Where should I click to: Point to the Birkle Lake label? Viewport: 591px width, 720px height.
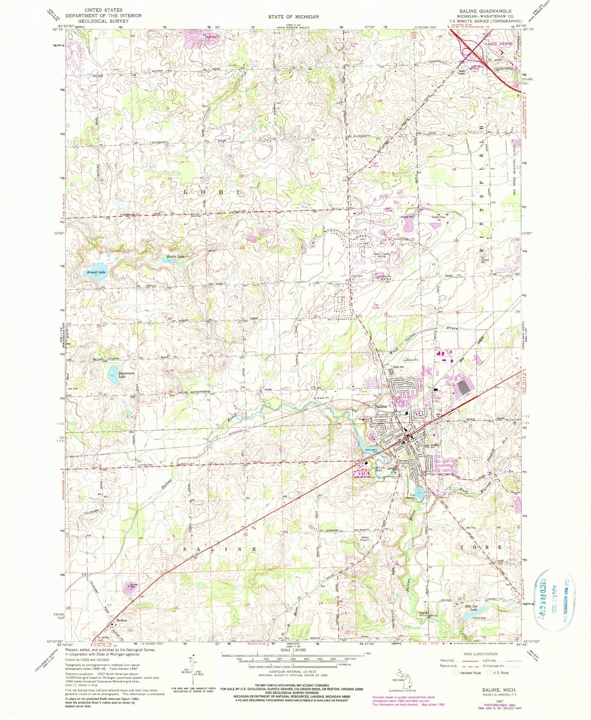175,256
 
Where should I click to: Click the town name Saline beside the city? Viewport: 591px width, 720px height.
381,407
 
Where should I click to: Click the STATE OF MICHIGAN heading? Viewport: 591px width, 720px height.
294,16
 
